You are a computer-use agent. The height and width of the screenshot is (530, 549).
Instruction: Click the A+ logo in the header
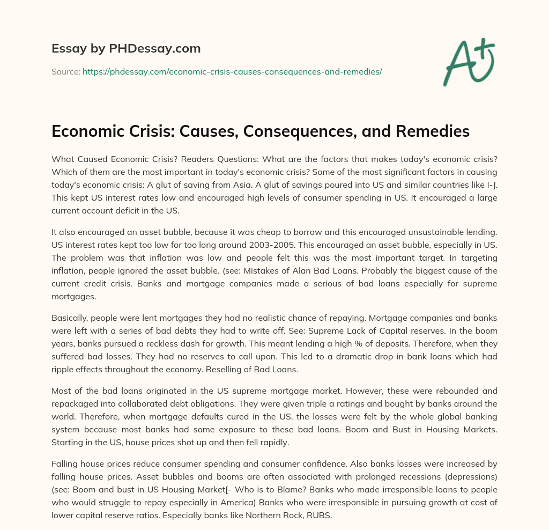click(469, 60)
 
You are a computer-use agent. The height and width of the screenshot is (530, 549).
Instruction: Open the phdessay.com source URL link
click(232, 71)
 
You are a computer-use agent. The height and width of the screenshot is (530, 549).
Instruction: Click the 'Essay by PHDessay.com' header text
click(126, 49)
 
